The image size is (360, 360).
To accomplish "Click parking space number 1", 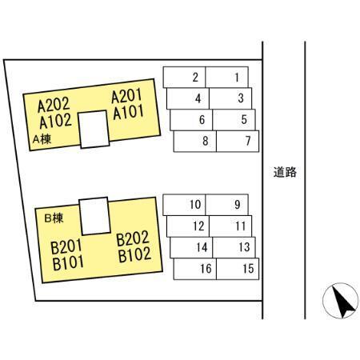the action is [227, 78].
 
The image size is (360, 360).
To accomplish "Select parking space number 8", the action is [195, 142].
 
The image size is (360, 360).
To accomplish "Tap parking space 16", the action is [195, 269].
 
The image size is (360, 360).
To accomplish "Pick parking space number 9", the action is [227, 205].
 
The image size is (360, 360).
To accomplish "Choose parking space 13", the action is [234, 247].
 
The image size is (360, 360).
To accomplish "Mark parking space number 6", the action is [191, 120].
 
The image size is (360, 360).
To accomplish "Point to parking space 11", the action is [230, 226].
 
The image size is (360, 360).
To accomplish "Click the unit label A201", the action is [126, 96].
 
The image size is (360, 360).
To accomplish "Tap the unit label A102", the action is [55, 121].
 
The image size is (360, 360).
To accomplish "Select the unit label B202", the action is [133, 238].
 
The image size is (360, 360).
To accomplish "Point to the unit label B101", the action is [68, 263].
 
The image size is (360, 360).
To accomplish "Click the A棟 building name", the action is [42, 139].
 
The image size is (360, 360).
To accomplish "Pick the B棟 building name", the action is [54, 218].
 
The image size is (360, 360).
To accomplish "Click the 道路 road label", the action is [285, 172].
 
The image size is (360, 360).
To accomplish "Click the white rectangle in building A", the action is [94, 129].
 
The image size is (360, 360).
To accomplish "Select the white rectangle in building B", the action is [94, 216].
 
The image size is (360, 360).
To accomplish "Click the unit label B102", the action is [134, 255].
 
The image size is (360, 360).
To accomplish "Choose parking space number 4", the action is [188, 98].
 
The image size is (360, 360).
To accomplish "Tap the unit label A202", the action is [54, 105].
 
